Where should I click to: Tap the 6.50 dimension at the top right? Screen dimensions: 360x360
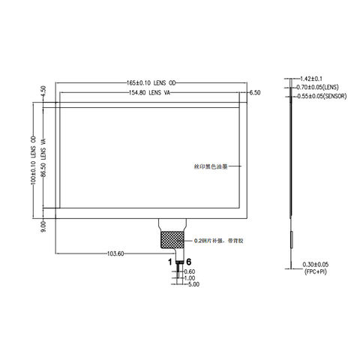(x=254, y=92)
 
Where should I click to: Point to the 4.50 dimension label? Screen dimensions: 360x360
(x=43, y=92)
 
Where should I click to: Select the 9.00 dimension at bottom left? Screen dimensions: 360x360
(x=43, y=224)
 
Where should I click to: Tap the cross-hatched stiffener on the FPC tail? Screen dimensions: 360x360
(x=171, y=238)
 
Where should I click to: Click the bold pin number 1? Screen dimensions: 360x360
(x=170, y=262)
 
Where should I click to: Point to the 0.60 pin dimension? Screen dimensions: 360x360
(x=189, y=271)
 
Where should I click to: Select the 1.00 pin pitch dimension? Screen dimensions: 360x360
(x=189, y=278)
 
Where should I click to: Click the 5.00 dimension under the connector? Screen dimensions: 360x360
(x=193, y=285)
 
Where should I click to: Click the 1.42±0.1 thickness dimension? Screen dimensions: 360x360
(x=310, y=79)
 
